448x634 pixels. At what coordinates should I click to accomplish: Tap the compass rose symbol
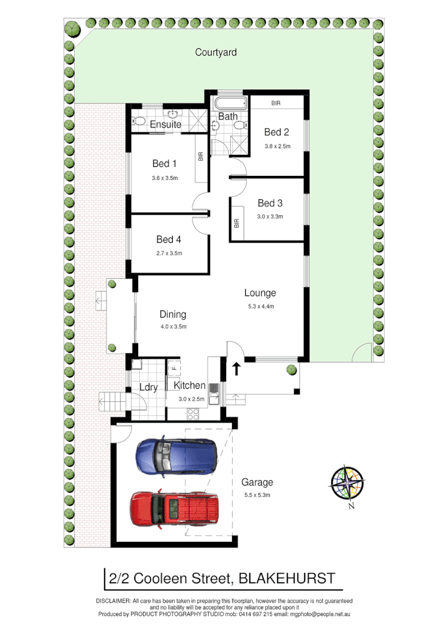[x=348, y=483]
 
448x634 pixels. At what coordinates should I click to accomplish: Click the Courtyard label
[x=216, y=53]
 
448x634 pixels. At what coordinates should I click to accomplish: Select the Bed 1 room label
[x=164, y=164]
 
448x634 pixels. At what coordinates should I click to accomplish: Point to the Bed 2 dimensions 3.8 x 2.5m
[x=277, y=146]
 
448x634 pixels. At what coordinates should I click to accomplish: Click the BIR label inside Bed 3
[x=237, y=223]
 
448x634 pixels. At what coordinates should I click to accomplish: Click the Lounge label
[x=260, y=293]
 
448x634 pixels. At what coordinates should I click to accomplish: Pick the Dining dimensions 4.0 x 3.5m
[x=173, y=327]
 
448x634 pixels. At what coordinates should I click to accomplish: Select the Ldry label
[x=148, y=388]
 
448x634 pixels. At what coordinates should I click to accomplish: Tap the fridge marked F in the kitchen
[x=173, y=367]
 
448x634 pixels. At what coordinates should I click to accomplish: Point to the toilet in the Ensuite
[x=139, y=120]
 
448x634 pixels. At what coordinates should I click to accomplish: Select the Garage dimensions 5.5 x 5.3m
[x=257, y=495]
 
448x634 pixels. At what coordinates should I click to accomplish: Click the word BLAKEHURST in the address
[x=287, y=578]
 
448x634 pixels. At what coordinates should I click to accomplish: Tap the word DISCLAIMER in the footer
[x=114, y=601]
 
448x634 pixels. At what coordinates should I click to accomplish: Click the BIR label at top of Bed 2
[x=276, y=103]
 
